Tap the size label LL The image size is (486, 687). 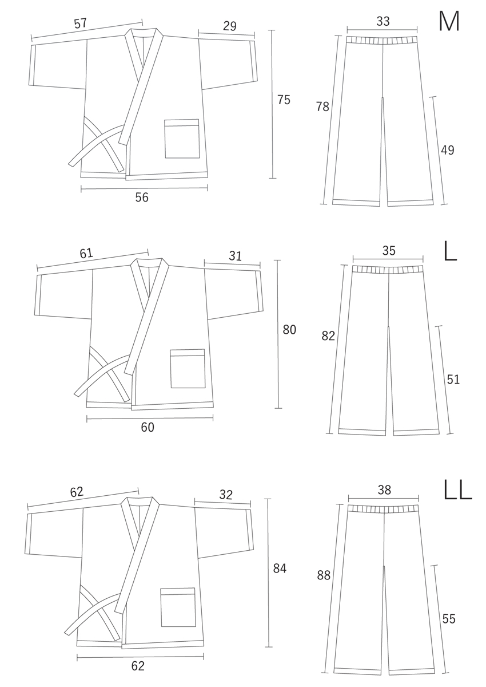click(457, 489)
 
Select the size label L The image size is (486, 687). click(450, 251)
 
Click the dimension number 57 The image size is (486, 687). click(81, 23)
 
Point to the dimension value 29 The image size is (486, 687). click(230, 26)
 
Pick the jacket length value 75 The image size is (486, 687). click(284, 100)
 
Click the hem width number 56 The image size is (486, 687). click(142, 198)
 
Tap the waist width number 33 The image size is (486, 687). click(383, 21)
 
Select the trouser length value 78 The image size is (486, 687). click(322, 106)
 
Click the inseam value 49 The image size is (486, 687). click(448, 150)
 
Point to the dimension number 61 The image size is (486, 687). click(86, 253)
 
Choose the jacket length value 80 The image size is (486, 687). click(289, 330)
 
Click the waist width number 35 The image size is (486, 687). click(389, 251)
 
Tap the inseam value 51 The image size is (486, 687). click(453, 380)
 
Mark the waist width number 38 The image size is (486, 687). click(384, 490)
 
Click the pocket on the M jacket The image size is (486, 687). click(182, 139)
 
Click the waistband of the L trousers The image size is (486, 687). click(388, 270)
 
